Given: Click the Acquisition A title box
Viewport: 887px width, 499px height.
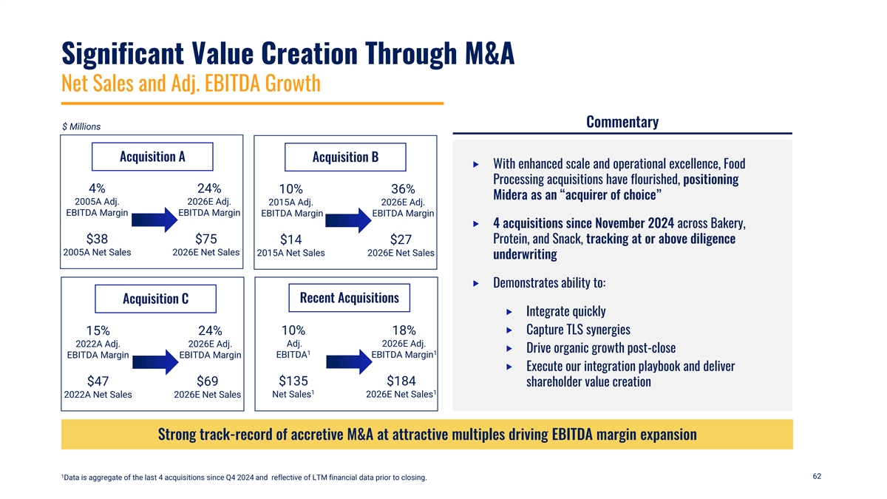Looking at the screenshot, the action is coord(152,157).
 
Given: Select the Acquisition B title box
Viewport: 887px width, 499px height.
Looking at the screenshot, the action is coord(345,157).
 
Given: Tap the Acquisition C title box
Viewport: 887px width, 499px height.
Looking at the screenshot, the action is coord(156,299).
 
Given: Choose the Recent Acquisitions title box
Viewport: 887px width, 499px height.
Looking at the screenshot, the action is coord(349,298).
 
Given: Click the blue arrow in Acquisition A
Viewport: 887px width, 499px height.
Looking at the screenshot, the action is coord(154,220).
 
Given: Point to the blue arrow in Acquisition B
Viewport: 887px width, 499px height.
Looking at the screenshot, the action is coord(348,220).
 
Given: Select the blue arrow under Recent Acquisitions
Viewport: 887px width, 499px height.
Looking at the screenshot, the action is coord(349,362).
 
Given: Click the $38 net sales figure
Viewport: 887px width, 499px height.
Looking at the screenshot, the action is coord(97,240).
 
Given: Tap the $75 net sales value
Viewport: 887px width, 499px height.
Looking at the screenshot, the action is coord(206,240).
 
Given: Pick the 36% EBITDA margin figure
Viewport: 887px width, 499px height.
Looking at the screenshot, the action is coord(403,189).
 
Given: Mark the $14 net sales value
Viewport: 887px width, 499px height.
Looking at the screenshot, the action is coord(290,240).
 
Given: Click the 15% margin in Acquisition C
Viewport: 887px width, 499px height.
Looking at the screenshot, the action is coord(98,330).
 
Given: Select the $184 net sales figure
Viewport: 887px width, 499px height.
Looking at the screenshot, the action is coord(401,381).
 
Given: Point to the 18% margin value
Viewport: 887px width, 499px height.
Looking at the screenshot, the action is coord(404,330).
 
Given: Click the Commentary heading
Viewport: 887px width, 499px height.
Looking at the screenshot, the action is coord(622,122).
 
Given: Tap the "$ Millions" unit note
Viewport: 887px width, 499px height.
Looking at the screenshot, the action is coord(81,126).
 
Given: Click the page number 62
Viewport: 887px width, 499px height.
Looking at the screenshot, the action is coord(817,476).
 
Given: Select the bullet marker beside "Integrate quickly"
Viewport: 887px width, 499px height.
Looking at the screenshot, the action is coord(509,312).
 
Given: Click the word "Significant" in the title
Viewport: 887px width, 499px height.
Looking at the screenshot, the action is coord(123,53).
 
